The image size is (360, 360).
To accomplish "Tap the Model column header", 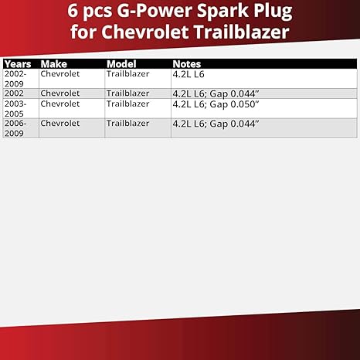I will [121, 64].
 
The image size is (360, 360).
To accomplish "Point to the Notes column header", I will [188, 64].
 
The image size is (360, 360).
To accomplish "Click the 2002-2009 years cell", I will [16, 78].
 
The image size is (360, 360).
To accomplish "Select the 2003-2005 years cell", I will [16, 107].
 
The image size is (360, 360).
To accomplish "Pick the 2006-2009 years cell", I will [16, 127].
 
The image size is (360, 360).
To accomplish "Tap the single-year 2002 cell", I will [13, 93].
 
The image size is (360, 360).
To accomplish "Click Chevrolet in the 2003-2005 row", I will [60, 103].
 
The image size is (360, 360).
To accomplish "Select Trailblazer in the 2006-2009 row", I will [127, 123].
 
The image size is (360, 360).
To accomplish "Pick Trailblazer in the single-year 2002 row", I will [127, 93].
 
